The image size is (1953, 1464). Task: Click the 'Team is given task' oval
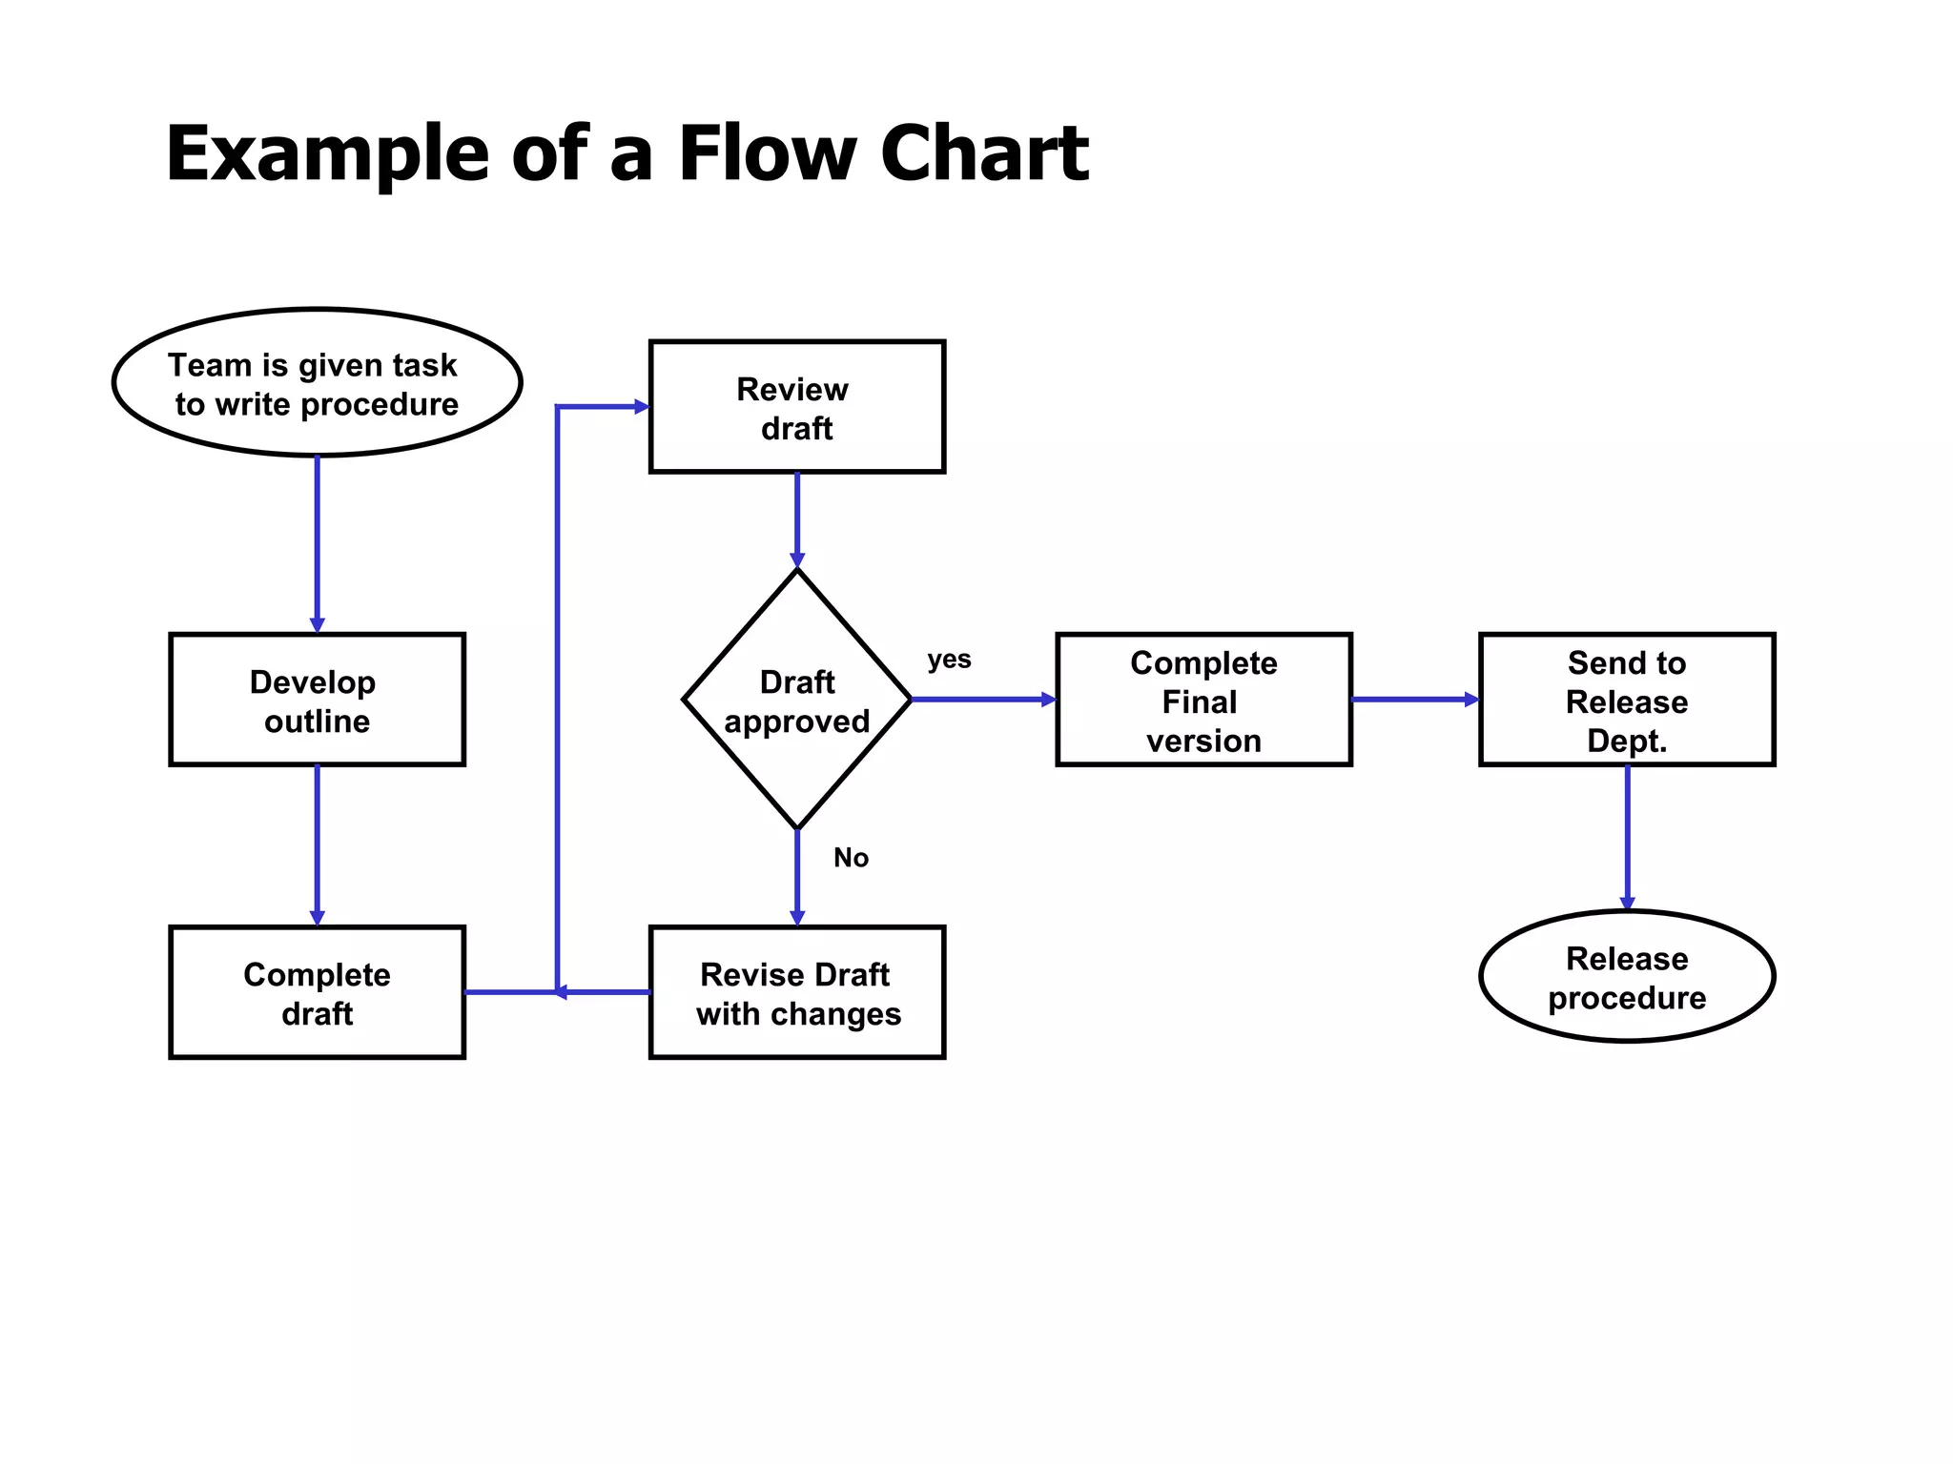point(317,382)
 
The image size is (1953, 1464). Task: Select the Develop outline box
point(317,700)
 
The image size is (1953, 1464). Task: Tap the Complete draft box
point(317,992)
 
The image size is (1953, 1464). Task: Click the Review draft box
point(796,407)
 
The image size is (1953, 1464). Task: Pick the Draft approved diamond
point(796,700)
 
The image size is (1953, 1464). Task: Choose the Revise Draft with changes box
point(796,992)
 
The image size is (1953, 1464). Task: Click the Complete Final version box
point(1203,700)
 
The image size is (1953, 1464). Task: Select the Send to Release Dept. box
point(1626,700)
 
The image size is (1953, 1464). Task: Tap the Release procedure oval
point(1626,977)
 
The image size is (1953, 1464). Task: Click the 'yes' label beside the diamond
point(949,660)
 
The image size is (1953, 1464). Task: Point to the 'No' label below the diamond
point(851,858)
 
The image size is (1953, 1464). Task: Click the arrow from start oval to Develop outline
point(318,543)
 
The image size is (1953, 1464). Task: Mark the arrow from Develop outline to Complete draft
point(318,844)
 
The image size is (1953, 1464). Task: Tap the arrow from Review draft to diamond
point(797,519)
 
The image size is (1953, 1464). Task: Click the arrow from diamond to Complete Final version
point(982,700)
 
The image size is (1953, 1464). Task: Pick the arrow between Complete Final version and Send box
point(1414,700)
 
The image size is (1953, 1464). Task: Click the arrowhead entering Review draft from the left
point(641,407)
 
